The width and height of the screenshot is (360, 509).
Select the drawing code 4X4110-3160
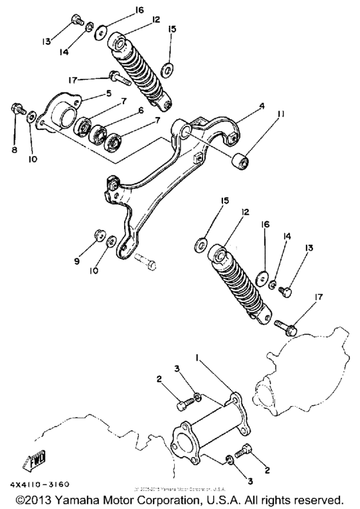[x=40, y=484]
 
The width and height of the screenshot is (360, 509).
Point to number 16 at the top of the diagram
[x=122, y=11]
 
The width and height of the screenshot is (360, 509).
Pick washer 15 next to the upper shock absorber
[x=169, y=67]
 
